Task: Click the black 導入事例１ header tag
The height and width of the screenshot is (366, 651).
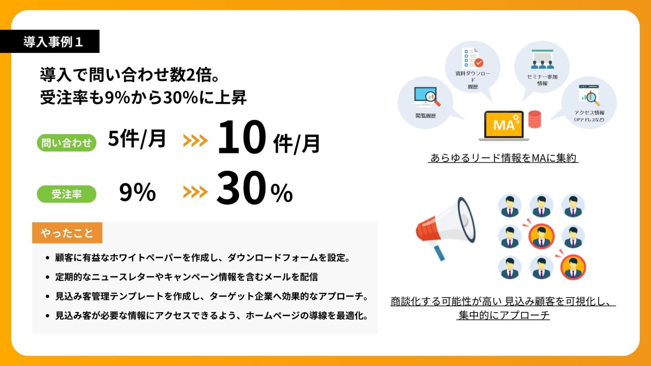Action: pyautogui.click(x=50, y=41)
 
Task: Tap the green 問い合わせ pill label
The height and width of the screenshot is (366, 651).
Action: pyautogui.click(x=67, y=143)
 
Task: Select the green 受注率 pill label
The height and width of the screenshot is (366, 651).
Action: pyautogui.click(x=67, y=194)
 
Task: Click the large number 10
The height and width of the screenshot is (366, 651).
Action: pyautogui.click(x=242, y=137)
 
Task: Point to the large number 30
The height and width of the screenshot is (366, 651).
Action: pyautogui.click(x=241, y=188)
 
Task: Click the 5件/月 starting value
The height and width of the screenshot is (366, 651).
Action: pyautogui.click(x=137, y=139)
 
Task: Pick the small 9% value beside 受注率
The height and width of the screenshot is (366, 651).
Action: pyautogui.click(x=137, y=192)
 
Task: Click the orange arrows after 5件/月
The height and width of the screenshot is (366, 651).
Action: pyautogui.click(x=195, y=141)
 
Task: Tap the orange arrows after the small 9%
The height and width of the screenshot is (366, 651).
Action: pyautogui.click(x=195, y=192)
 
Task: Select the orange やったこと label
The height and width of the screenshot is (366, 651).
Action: pyautogui.click(x=67, y=233)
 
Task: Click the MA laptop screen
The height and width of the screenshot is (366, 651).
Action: pyautogui.click(x=504, y=125)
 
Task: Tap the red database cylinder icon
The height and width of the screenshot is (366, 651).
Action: pyautogui.click(x=535, y=119)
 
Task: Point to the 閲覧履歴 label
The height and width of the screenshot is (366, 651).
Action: pyautogui.click(x=426, y=115)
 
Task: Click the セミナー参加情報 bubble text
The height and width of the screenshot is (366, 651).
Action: pyautogui.click(x=542, y=80)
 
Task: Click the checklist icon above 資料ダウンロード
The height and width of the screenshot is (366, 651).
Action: pyautogui.click(x=472, y=57)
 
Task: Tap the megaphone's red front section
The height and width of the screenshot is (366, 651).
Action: pyautogui.click(x=427, y=230)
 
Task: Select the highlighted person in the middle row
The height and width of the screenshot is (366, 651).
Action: pyautogui.click(x=542, y=236)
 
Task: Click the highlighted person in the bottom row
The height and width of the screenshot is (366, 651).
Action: pyautogui.click(x=573, y=267)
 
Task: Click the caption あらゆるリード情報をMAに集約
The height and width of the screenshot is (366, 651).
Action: pyautogui.click(x=503, y=158)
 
